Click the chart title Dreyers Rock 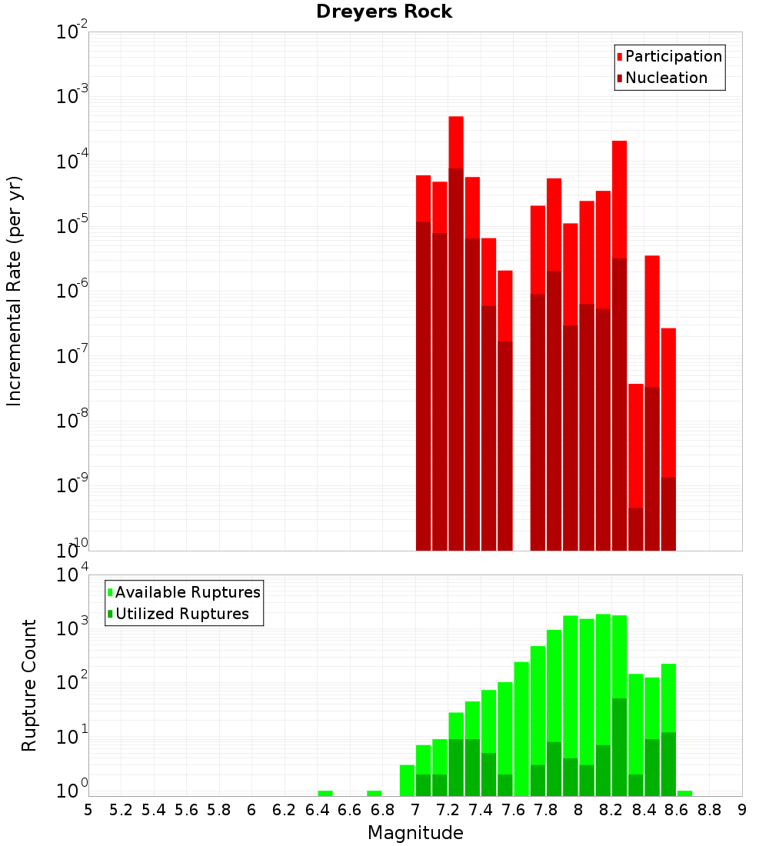click(384, 12)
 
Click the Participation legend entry click(674, 56)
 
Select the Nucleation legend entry click(666, 78)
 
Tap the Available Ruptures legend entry click(188, 592)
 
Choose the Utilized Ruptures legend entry click(181, 614)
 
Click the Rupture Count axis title click(29, 685)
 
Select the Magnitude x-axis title click(415, 833)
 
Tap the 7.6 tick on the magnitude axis click(513, 810)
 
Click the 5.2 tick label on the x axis click(121, 810)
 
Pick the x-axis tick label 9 click(741, 810)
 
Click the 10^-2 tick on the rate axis click(71, 32)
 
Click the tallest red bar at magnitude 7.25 click(456, 142)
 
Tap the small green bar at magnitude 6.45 click(325, 793)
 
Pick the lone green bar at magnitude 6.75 click(375, 793)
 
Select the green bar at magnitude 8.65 click(684, 793)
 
